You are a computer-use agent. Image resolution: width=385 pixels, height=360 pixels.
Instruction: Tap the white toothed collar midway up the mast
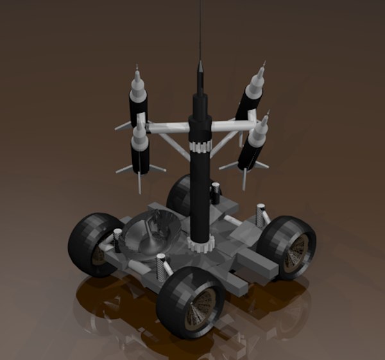pos(200,146)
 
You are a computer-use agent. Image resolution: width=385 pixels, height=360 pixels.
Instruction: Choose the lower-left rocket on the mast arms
pos(140,151)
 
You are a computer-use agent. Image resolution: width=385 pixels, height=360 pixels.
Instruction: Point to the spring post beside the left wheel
pos(118,238)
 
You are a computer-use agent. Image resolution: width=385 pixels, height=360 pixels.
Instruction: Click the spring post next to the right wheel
pos(261,213)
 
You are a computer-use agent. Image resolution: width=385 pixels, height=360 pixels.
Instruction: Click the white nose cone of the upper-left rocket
pos(137,80)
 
